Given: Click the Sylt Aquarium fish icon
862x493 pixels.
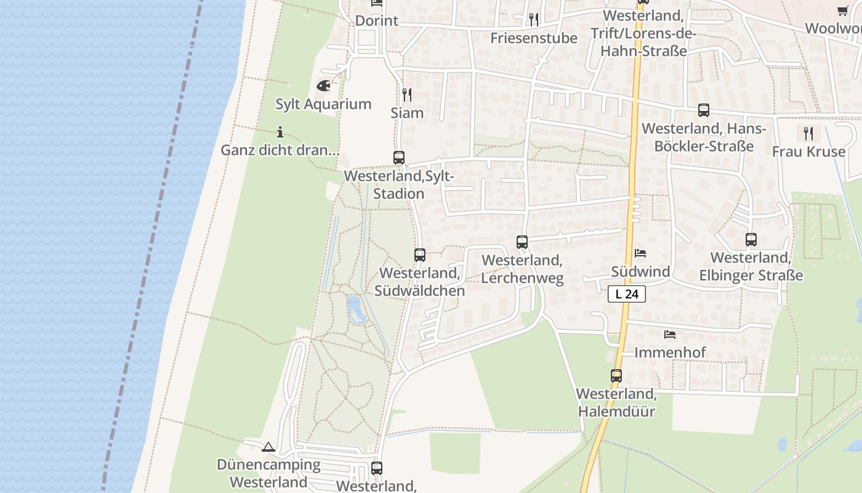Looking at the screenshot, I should coord(323,86).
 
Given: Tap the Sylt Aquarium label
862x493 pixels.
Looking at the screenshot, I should coord(323,104).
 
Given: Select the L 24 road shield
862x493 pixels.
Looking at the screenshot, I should coord(627,295).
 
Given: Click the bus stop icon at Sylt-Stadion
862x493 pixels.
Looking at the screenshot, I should coord(399,158).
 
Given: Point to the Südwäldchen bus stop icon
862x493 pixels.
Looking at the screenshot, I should coord(420,255).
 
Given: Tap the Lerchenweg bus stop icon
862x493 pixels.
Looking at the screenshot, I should coord(522,242).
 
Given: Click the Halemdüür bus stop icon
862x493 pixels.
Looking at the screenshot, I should coord(616,375).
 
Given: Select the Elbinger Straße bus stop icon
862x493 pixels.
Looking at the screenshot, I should coord(751,240).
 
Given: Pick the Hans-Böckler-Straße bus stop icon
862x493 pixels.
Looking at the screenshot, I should coord(704,110).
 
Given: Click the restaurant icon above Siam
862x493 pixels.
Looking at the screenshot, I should coord(407,94).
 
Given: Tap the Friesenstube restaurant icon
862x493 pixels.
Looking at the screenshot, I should coord(534,20).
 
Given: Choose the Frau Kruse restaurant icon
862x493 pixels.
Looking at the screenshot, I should coord(808,133).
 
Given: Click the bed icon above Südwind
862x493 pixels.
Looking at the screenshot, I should coord(640,253).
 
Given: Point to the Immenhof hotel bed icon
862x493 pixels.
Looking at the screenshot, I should coord(670,335).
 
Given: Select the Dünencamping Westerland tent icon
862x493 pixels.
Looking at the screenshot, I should coord(268,447).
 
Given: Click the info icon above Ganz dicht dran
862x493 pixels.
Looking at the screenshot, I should coord(280,132).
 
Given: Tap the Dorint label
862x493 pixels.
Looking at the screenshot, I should coord(377,20).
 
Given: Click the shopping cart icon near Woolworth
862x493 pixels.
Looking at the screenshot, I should coord(843,10).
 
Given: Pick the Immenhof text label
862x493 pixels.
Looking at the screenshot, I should coord(670,352).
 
